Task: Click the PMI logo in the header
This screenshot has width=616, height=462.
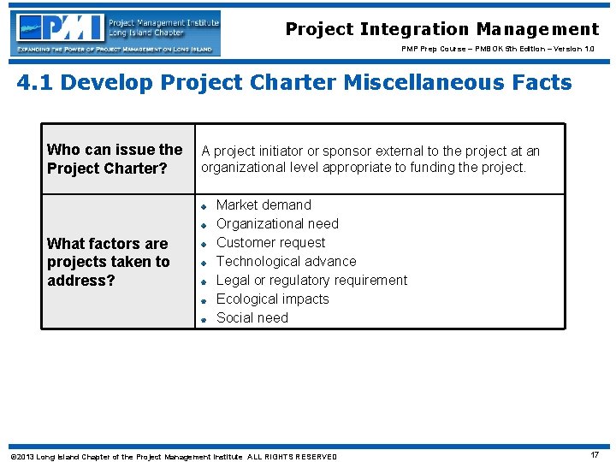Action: pyautogui.click(x=116, y=33)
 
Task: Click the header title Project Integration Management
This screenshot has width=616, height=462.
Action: pyautogui.click(x=441, y=29)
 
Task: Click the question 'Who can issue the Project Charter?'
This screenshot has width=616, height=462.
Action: pyautogui.click(x=115, y=159)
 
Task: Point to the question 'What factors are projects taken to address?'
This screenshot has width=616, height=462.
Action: pyautogui.click(x=109, y=262)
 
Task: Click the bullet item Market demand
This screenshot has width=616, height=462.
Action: pyautogui.click(x=264, y=204)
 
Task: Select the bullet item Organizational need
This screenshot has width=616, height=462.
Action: pyautogui.click(x=277, y=223)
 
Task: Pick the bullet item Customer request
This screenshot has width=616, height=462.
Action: pyautogui.click(x=270, y=242)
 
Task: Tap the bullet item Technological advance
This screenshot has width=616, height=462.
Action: pyautogui.click(x=286, y=261)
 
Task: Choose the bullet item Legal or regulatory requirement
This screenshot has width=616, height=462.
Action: pyautogui.click(x=311, y=280)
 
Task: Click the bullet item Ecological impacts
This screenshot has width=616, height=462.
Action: pyautogui.click(x=272, y=299)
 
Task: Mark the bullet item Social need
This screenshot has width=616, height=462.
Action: pyautogui.click(x=252, y=317)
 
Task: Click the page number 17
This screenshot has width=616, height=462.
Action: pyautogui.click(x=594, y=455)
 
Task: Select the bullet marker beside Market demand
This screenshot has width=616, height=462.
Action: pyautogui.click(x=204, y=206)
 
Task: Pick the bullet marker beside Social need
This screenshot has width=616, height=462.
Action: pyautogui.click(x=204, y=319)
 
